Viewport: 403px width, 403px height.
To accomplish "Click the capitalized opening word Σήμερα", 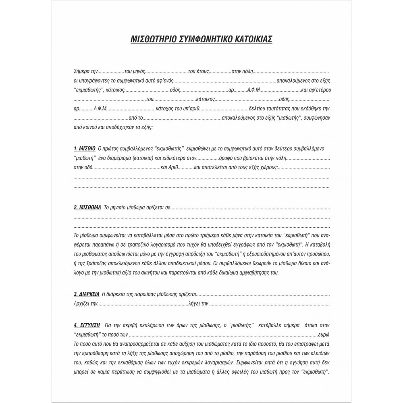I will pyautogui.click(x=82, y=71).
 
